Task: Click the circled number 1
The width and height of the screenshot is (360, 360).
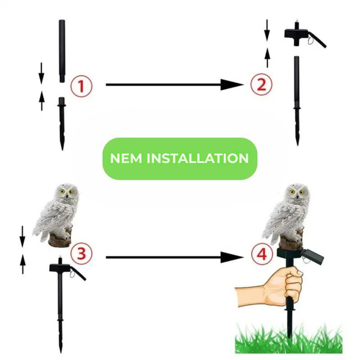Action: (x=81, y=86)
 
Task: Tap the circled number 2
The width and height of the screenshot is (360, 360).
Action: (x=261, y=84)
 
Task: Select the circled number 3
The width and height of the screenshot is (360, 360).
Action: (x=81, y=253)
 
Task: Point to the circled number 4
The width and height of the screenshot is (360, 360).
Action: (x=262, y=254)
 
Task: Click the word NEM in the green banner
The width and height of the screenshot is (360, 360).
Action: (x=126, y=158)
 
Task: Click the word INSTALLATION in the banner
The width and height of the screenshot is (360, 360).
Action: (x=198, y=158)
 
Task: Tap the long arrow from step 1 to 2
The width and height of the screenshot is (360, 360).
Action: (x=174, y=85)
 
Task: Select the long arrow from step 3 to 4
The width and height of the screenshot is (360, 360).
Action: (x=174, y=257)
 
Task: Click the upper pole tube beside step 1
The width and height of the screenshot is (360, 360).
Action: (x=62, y=51)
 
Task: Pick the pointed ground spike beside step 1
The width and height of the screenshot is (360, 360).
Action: (x=62, y=124)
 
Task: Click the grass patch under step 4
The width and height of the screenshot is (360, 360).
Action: (x=289, y=339)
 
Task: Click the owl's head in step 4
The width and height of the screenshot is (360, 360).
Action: (x=297, y=192)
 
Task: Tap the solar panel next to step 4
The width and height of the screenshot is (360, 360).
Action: (x=313, y=256)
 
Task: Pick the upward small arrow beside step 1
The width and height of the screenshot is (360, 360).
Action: (x=42, y=101)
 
